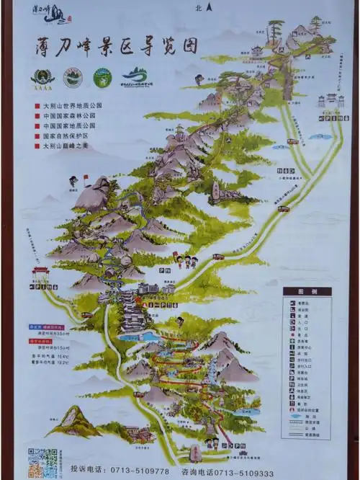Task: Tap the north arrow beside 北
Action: (209, 8)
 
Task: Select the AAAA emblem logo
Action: (42, 77)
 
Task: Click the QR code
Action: (42, 461)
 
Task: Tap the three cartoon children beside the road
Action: (186, 260)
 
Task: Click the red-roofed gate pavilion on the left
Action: (40, 275)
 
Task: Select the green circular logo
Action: (102, 77)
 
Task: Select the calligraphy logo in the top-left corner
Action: (50, 12)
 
